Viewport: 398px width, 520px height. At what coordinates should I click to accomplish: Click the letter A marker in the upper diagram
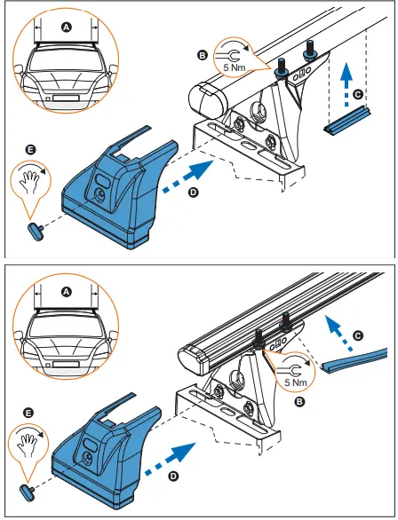coord(66,28)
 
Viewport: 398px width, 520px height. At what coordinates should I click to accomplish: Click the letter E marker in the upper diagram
coord(31,152)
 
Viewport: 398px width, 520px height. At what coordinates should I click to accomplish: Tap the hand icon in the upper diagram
coord(31,180)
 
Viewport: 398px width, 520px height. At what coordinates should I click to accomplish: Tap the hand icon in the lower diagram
coord(31,441)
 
